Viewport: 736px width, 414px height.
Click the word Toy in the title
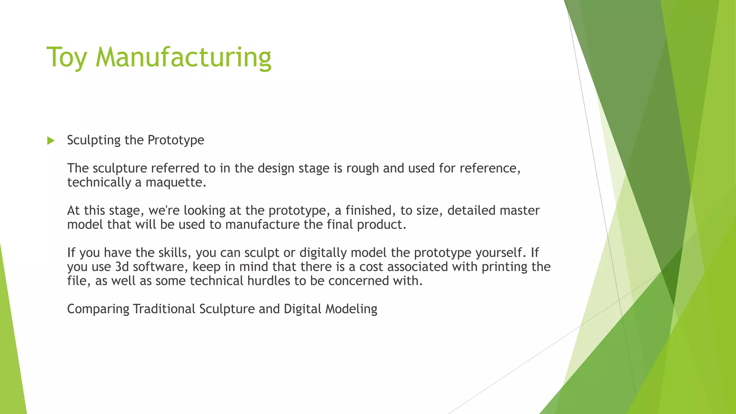[66, 57]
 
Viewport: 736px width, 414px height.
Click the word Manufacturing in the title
[183, 57]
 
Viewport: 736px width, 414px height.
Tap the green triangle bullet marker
[51, 141]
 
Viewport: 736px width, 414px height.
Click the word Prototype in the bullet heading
[176, 140]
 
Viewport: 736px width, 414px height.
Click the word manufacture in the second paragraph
[262, 225]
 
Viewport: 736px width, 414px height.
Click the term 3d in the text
[122, 267]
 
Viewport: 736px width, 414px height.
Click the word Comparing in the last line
[98, 309]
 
